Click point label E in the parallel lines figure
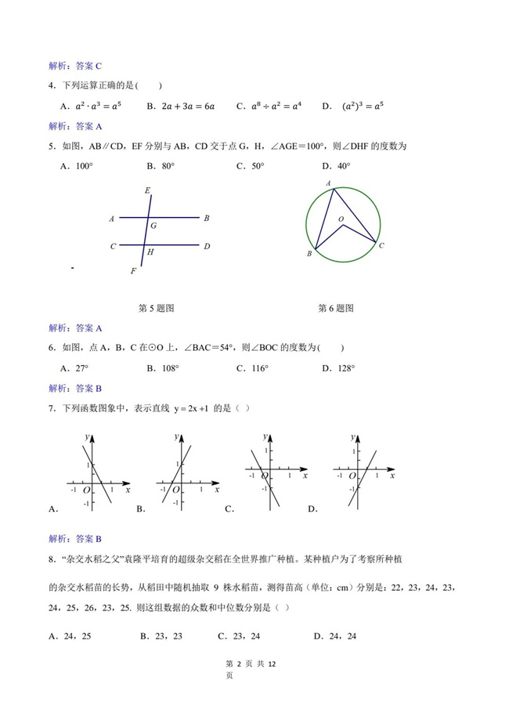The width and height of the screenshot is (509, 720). pyautogui.click(x=148, y=191)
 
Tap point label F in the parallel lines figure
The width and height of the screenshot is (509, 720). pyautogui.click(x=133, y=271)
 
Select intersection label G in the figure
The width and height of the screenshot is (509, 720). pyautogui.click(x=153, y=226)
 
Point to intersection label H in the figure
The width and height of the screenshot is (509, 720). pyautogui.click(x=150, y=252)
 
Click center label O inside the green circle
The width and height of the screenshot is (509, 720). pyautogui.click(x=341, y=219)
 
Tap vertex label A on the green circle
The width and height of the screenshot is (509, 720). pyautogui.click(x=329, y=183)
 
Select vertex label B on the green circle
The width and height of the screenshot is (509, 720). pyautogui.click(x=309, y=254)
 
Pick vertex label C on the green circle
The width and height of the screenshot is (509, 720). pyautogui.click(x=381, y=246)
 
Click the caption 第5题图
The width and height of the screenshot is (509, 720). pyautogui.click(x=156, y=308)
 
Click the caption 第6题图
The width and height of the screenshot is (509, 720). pyautogui.click(x=335, y=308)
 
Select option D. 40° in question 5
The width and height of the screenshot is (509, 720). pyautogui.click(x=336, y=166)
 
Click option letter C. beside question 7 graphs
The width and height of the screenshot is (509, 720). pyautogui.click(x=230, y=509)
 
